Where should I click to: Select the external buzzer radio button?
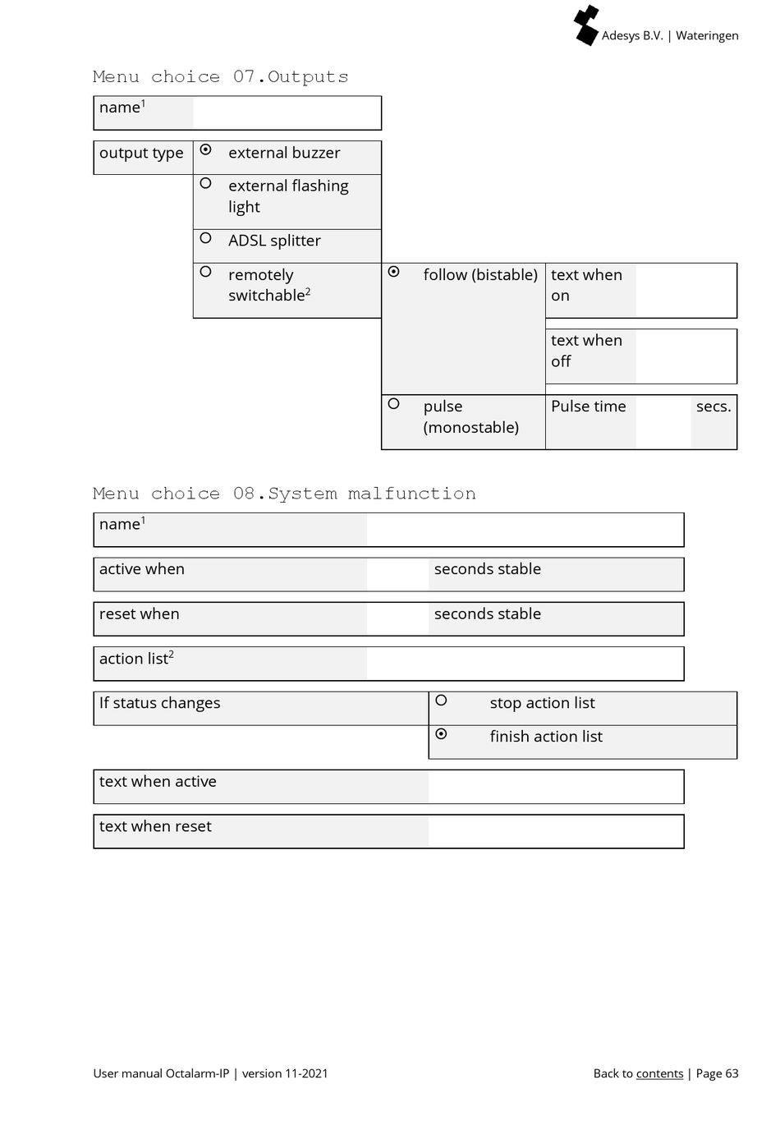click(x=206, y=150)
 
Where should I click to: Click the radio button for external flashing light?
click(x=206, y=184)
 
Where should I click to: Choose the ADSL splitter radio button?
click(x=206, y=238)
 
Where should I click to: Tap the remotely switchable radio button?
click(x=206, y=272)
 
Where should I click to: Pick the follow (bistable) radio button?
click(x=394, y=272)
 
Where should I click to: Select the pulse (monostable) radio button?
click(x=394, y=404)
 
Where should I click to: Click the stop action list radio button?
click(x=441, y=701)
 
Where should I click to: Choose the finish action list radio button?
click(x=441, y=734)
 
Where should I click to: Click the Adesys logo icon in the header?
click(x=586, y=25)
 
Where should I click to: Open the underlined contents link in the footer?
click(x=659, y=1073)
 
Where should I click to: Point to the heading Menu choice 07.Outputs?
click(x=220, y=77)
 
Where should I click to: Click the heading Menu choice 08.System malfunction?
click(x=284, y=494)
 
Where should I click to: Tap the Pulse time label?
click(x=588, y=407)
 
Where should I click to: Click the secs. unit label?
click(x=713, y=407)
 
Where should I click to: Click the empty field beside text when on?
click(x=686, y=290)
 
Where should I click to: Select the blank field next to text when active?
click(x=555, y=787)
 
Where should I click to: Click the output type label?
click(x=141, y=154)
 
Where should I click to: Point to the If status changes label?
click(x=160, y=703)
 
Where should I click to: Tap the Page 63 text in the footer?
click(x=717, y=1073)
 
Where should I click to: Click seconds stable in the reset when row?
click(x=487, y=614)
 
